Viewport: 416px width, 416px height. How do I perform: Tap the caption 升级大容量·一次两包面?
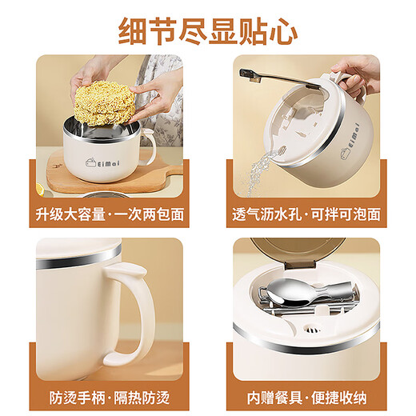click(x=110, y=214)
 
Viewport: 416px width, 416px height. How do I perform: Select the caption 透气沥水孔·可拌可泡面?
click(x=306, y=214)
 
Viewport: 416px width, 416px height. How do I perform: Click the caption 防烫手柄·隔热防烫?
click(x=110, y=396)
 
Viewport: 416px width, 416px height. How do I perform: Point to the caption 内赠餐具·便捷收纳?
click(x=306, y=396)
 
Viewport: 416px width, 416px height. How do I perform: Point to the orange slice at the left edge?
click(x=38, y=190)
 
